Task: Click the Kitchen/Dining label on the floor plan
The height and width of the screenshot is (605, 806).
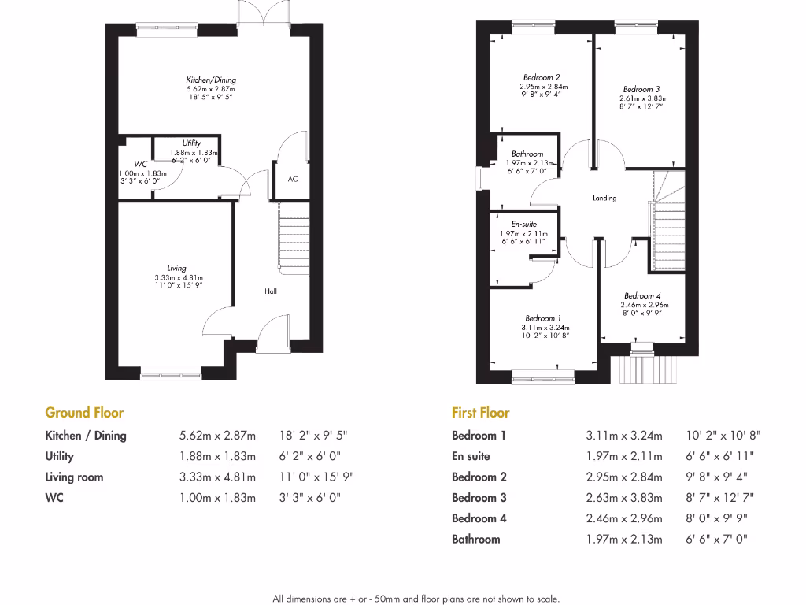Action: (210, 80)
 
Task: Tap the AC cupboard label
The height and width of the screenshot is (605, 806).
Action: (292, 180)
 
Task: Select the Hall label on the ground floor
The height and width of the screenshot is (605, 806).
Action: (271, 291)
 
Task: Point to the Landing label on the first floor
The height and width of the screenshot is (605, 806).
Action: (604, 199)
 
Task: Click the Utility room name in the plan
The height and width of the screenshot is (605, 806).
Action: (191, 143)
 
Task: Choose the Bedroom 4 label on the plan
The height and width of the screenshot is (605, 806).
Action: (643, 296)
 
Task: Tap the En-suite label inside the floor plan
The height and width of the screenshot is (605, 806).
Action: (523, 225)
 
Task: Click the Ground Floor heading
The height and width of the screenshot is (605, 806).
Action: (84, 412)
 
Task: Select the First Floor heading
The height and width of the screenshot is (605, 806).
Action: (480, 412)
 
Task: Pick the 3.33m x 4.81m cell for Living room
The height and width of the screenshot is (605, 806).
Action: (218, 477)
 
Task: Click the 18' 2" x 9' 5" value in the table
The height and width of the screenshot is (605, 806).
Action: (312, 435)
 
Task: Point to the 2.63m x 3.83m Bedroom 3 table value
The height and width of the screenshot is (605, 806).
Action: (624, 497)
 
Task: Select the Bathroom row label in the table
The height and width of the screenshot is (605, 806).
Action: (475, 539)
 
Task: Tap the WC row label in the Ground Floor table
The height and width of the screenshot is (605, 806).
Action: (54, 497)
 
